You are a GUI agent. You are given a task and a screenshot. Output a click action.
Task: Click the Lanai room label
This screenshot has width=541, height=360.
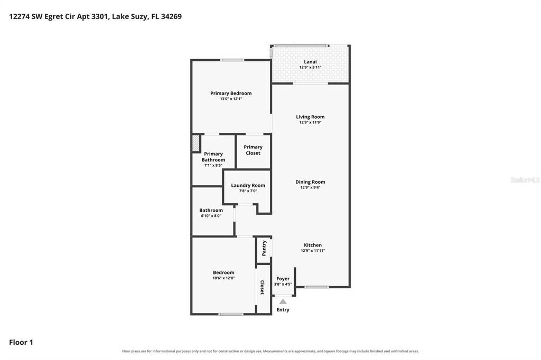[x=310, y=62]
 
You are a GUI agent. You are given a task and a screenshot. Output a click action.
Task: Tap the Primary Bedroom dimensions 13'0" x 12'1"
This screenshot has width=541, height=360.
[x=231, y=99]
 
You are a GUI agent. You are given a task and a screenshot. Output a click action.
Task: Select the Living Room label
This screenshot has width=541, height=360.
[x=310, y=117]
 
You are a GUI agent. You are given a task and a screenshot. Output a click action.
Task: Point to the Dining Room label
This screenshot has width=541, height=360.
[x=310, y=182]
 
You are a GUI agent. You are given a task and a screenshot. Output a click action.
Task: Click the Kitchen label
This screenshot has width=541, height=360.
[x=313, y=245]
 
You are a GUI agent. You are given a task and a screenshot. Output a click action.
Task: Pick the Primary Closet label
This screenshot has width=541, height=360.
[x=253, y=150]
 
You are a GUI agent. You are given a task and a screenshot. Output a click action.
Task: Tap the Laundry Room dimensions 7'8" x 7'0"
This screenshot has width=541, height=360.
[x=248, y=191]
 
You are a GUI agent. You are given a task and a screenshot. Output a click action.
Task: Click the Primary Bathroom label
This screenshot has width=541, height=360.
[x=213, y=157]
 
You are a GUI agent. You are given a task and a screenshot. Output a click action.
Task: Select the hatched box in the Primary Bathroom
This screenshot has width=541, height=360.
[x=196, y=144]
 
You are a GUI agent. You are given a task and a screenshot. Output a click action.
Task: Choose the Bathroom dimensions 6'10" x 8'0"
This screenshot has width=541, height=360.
[x=211, y=216]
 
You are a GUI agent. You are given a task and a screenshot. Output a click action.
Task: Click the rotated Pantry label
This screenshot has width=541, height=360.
[x=264, y=248]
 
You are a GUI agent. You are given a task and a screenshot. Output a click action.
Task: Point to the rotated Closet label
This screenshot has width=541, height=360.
[x=262, y=287]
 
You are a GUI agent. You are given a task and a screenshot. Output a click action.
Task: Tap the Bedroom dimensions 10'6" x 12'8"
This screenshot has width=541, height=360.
[x=223, y=278]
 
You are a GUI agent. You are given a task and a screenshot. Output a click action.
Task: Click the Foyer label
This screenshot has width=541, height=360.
[x=283, y=279]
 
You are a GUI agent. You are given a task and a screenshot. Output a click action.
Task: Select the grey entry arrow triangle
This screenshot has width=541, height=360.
[x=283, y=301]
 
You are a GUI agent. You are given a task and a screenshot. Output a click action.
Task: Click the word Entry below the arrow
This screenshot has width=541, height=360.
[x=283, y=310]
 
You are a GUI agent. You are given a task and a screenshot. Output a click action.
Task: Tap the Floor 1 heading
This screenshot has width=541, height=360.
[x=21, y=343]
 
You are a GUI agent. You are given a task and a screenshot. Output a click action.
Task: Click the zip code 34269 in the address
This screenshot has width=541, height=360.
[x=171, y=16]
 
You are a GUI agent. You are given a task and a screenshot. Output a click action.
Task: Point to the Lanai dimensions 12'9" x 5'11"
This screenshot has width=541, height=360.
[x=310, y=67]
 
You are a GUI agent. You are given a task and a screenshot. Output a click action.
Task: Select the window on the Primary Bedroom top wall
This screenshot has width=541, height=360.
[x=232, y=60]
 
